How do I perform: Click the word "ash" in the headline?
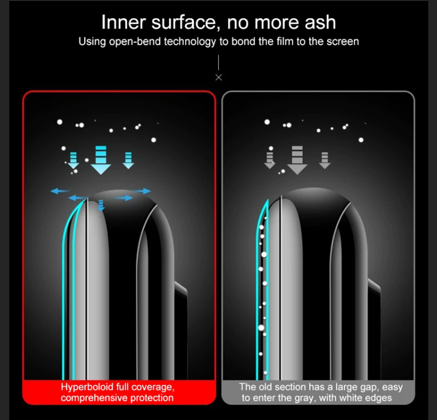coord(320,22)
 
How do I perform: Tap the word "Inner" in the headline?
coord(123,22)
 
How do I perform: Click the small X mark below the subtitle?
coord(219,78)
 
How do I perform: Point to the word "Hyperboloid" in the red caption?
coord(87,387)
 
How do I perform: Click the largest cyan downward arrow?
coord(101,160)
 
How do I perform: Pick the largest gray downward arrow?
coord(297,160)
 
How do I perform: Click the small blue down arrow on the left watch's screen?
coord(101,205)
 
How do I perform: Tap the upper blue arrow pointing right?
coord(141,191)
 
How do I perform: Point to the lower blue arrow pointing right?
coord(124,198)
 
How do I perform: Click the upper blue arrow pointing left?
coord(60,191)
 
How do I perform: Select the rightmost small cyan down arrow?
coord(129,160)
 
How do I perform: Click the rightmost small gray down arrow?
coord(325,160)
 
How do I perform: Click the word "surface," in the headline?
coord(185,22)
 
